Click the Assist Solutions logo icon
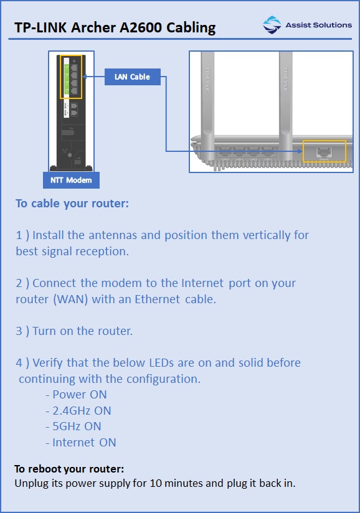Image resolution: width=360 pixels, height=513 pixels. coord(272,25)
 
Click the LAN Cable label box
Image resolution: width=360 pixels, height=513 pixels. coord(132,77)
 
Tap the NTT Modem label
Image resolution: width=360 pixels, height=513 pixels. coord(71,181)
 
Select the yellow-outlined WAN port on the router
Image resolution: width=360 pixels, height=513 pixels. coord(323,152)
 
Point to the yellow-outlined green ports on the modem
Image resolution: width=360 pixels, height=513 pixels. coord(71,76)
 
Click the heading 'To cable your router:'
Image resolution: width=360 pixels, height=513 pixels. coord(72,204)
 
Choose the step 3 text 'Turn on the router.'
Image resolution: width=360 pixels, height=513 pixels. coord(82,331)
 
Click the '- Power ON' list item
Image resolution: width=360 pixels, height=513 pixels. coord(76,394)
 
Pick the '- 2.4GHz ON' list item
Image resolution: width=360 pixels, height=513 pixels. coord(78,410)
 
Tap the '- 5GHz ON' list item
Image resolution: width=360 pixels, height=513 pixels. coord(73,426)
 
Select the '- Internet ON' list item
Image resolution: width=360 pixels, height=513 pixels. coord(80,443)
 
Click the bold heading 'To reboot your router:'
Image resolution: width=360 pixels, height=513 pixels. coord(69,468)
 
